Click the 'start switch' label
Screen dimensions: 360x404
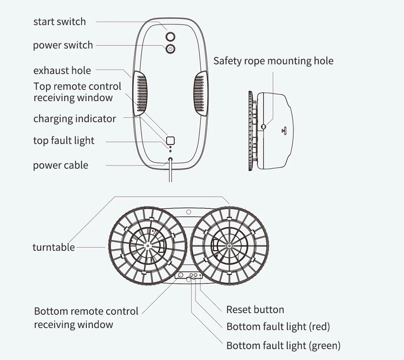coord(59,21)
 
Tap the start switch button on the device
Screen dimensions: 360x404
coord(170,36)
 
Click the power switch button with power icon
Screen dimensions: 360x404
coord(170,49)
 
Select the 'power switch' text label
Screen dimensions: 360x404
coord(63,45)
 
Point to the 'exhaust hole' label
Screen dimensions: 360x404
coord(62,70)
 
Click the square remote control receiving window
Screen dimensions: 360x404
coord(170,140)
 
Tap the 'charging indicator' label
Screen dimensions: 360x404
coord(74,119)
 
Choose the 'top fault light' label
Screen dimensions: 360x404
coord(63,140)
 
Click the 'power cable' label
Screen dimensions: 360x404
coord(60,165)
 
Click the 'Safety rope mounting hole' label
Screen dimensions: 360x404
coord(273,61)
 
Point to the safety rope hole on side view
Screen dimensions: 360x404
coord(263,127)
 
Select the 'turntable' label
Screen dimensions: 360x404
coord(53,247)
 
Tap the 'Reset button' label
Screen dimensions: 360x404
coord(255,309)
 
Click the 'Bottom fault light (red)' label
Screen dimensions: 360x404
coord(278,326)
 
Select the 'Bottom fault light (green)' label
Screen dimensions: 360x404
coord(283,345)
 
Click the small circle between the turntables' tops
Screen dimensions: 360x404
coord(188,212)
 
